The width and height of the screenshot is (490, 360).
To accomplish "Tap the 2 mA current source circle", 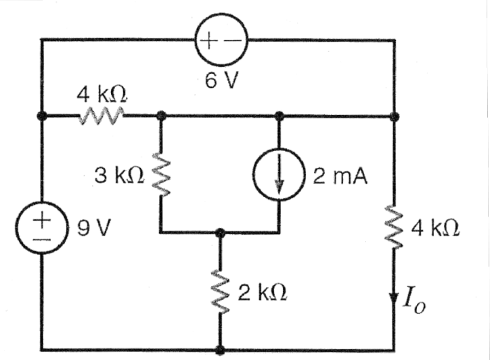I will click(x=278, y=177).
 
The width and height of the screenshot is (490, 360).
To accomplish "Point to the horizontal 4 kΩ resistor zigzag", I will click(x=101, y=116).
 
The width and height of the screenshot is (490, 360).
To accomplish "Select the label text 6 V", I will click(x=222, y=80).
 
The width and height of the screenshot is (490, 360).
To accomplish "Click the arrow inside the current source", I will click(x=278, y=178).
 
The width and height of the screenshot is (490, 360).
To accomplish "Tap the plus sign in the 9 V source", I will click(x=42, y=217).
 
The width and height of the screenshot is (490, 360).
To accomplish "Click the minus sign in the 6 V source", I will click(x=231, y=41).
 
